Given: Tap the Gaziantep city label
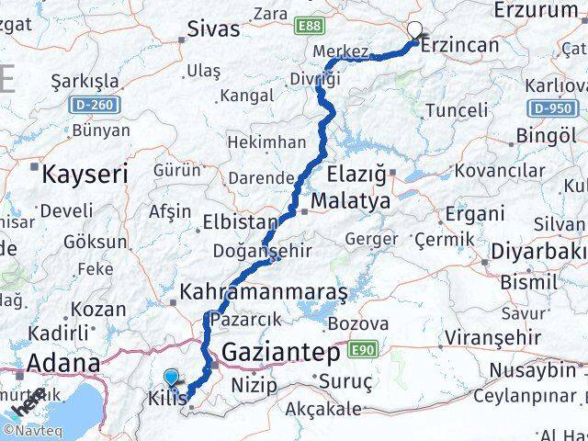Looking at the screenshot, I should (280, 352).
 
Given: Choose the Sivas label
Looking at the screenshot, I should (213, 28).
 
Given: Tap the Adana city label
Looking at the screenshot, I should (63, 363).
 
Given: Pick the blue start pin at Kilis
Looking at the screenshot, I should (172, 377).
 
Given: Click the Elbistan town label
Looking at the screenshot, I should (243, 222).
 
